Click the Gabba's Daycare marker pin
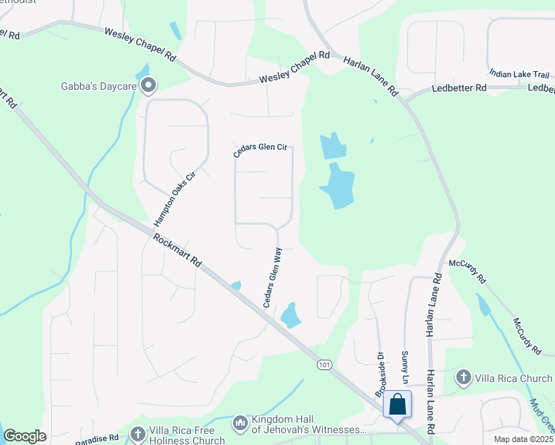pos(148,86)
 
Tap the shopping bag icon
pos(397,405)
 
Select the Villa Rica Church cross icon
pos(464,378)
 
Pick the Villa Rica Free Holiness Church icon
pos(138,434)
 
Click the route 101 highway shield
pos(324,365)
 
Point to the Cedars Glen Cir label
pos(260,147)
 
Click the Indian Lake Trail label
pos(519,74)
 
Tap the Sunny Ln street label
pos(405,367)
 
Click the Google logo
pos(24,436)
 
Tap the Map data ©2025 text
pos(523,439)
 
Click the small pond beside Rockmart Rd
pos(237,286)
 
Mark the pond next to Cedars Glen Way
pos(290,315)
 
